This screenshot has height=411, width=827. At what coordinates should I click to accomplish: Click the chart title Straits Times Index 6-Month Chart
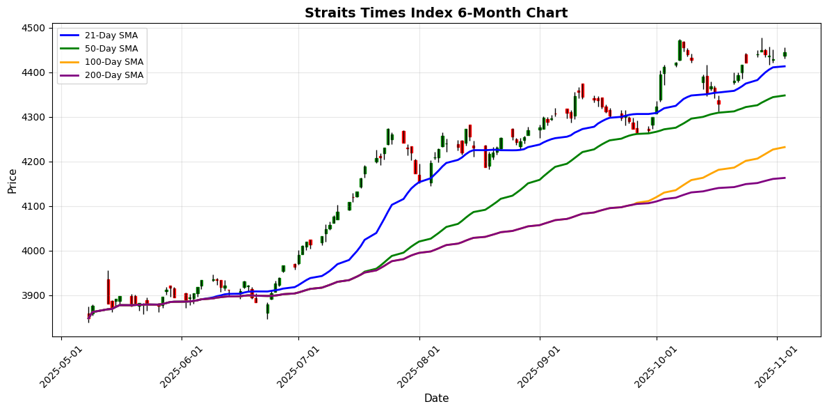pos(436,13)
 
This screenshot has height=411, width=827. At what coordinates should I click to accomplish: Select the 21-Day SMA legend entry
pos(102,36)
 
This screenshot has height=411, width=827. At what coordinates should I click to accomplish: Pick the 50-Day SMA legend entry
pos(102,49)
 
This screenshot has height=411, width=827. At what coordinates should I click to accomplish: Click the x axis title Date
pos(436,398)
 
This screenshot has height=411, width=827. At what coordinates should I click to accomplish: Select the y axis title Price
pos(13,180)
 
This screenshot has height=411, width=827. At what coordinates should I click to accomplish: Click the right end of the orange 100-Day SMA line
pos(785,147)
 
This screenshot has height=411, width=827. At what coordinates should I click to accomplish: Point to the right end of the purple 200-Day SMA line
pos(785,178)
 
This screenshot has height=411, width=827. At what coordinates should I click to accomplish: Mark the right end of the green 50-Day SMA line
pos(785,95)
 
